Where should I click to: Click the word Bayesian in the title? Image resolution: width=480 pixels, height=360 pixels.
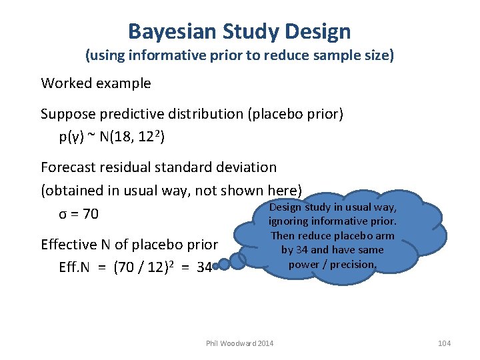[169, 31]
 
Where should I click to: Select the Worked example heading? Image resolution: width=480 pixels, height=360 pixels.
[96, 83]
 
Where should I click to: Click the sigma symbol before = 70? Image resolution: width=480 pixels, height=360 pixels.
[63, 214]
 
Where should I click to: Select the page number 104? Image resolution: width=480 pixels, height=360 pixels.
[444, 343]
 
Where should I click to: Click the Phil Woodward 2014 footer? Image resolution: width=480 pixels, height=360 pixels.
[240, 343]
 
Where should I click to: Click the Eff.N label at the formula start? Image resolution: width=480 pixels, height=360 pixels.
[75, 267]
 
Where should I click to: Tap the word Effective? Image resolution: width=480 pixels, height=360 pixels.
[69, 244]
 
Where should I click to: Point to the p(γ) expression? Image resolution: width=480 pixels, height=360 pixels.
[74, 137]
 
